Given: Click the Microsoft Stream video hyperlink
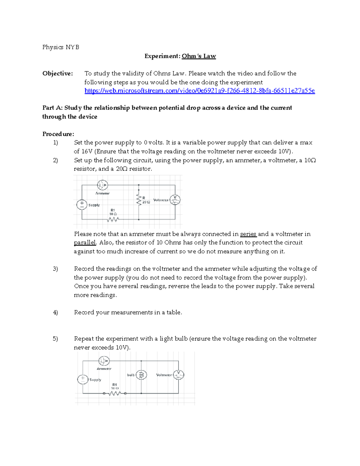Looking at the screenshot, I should [x=199, y=91].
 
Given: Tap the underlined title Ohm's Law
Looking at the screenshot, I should [x=199, y=56].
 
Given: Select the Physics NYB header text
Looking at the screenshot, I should [x=61, y=47].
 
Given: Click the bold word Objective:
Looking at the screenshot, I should [x=58, y=74].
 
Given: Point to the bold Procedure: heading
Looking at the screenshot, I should [x=58, y=134].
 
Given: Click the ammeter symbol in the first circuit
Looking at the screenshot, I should [x=103, y=185].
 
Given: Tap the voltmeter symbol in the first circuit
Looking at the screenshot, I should [x=175, y=200].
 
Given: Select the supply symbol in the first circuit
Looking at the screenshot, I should [x=82, y=205].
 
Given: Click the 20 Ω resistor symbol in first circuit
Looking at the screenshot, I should [x=139, y=200].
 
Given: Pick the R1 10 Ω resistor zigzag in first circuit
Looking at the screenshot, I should [x=113, y=220].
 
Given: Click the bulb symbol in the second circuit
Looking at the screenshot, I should [x=141, y=375].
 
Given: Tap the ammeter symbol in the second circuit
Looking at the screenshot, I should [x=104, y=361].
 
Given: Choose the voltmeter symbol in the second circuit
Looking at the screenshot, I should [x=178, y=375].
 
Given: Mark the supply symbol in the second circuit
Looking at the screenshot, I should [x=83, y=379].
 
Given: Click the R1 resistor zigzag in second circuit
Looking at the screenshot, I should [x=115, y=393].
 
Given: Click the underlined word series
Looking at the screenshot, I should [x=248, y=234].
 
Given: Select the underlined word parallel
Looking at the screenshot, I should [x=85, y=243].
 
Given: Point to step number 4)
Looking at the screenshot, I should [x=55, y=312].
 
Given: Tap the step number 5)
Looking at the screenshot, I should [x=55, y=339].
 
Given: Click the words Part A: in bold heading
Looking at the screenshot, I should [x=52, y=108].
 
